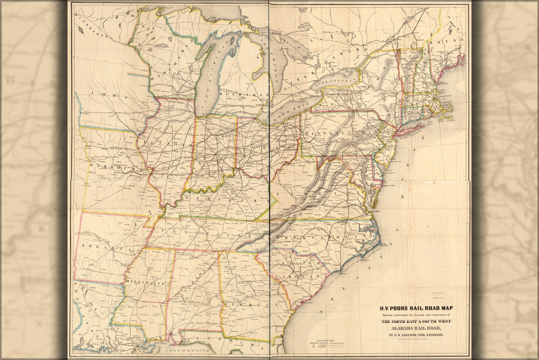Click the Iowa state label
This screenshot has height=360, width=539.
(x=101, y=96)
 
